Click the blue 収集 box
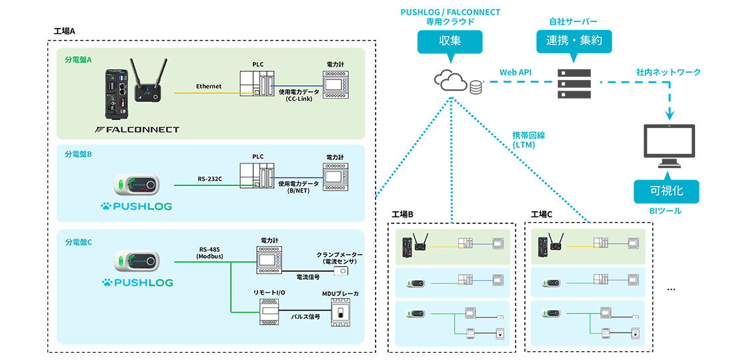450,41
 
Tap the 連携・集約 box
574,41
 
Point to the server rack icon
574,82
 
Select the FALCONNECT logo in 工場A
137,129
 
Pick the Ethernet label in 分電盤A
209,87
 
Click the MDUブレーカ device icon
340,312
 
